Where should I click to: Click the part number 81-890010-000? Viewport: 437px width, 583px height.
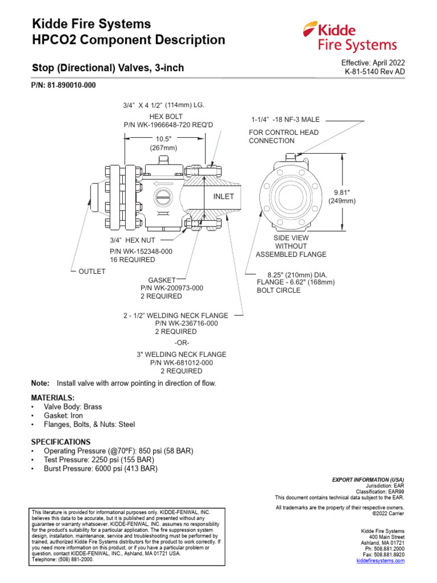click(x=63, y=85)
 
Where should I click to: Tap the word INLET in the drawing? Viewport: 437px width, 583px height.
click(x=224, y=196)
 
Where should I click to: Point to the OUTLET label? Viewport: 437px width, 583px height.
click(x=92, y=272)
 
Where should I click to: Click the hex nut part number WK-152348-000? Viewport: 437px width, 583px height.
click(x=141, y=251)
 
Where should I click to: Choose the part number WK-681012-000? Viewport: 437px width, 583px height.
click(x=182, y=363)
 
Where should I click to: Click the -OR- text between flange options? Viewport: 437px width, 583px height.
click(x=182, y=343)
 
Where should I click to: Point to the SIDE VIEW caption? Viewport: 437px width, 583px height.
click(x=291, y=237)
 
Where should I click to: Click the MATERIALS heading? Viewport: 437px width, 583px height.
click(x=53, y=397)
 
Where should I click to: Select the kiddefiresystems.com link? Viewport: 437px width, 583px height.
click(x=381, y=561)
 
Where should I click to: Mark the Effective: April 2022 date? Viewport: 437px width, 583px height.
click(x=373, y=63)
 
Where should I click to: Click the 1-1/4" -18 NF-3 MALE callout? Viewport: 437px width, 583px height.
click(x=286, y=120)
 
